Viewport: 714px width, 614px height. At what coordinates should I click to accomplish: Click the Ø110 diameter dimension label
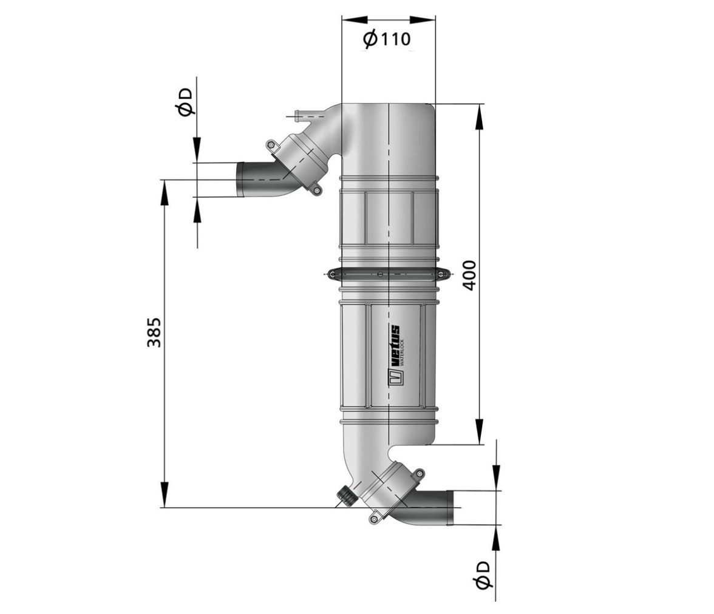387,39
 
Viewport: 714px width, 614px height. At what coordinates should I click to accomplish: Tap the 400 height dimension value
469,275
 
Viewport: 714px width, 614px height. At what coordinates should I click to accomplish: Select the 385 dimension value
154,332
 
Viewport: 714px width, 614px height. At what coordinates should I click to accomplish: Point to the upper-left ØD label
186,103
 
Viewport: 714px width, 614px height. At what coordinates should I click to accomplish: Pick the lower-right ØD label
482,575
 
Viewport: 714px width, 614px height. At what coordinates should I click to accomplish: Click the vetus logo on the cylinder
395,355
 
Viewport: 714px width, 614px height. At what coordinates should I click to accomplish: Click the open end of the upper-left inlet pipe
240,180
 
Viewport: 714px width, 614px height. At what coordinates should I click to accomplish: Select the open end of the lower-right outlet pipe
451,507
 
